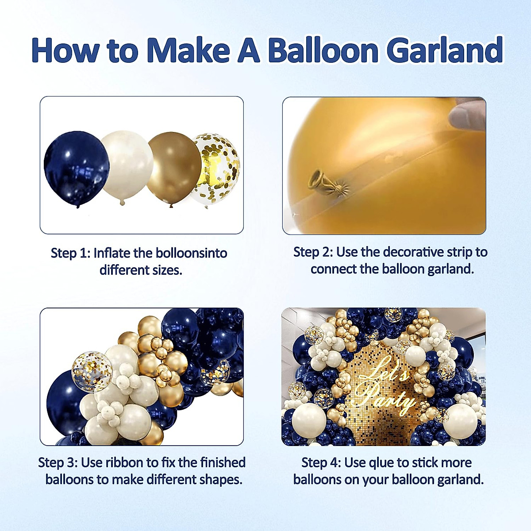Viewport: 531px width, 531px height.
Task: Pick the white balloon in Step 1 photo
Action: (x=126, y=166)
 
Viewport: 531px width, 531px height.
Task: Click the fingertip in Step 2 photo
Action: (x=467, y=115)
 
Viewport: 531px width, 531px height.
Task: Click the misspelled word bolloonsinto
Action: (x=192, y=253)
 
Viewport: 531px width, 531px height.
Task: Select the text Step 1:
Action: (x=70, y=253)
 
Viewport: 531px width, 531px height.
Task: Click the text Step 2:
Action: (x=313, y=252)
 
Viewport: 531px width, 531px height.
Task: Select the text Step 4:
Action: (x=321, y=462)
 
